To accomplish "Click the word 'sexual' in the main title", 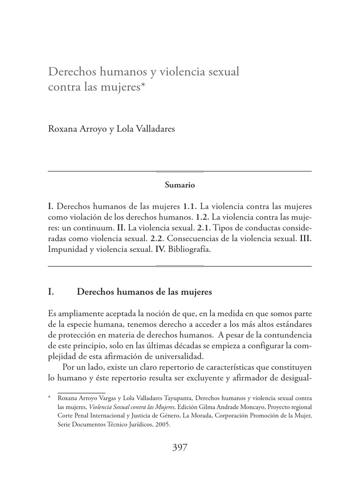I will click(224, 72).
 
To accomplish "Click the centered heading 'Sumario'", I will click(180, 185).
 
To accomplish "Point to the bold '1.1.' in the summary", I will click(189, 206).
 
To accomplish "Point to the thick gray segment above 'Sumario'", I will click(180, 171).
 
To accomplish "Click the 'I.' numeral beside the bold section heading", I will click(51, 292).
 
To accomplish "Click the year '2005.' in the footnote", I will click(162, 425).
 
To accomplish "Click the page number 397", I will click(180, 447).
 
